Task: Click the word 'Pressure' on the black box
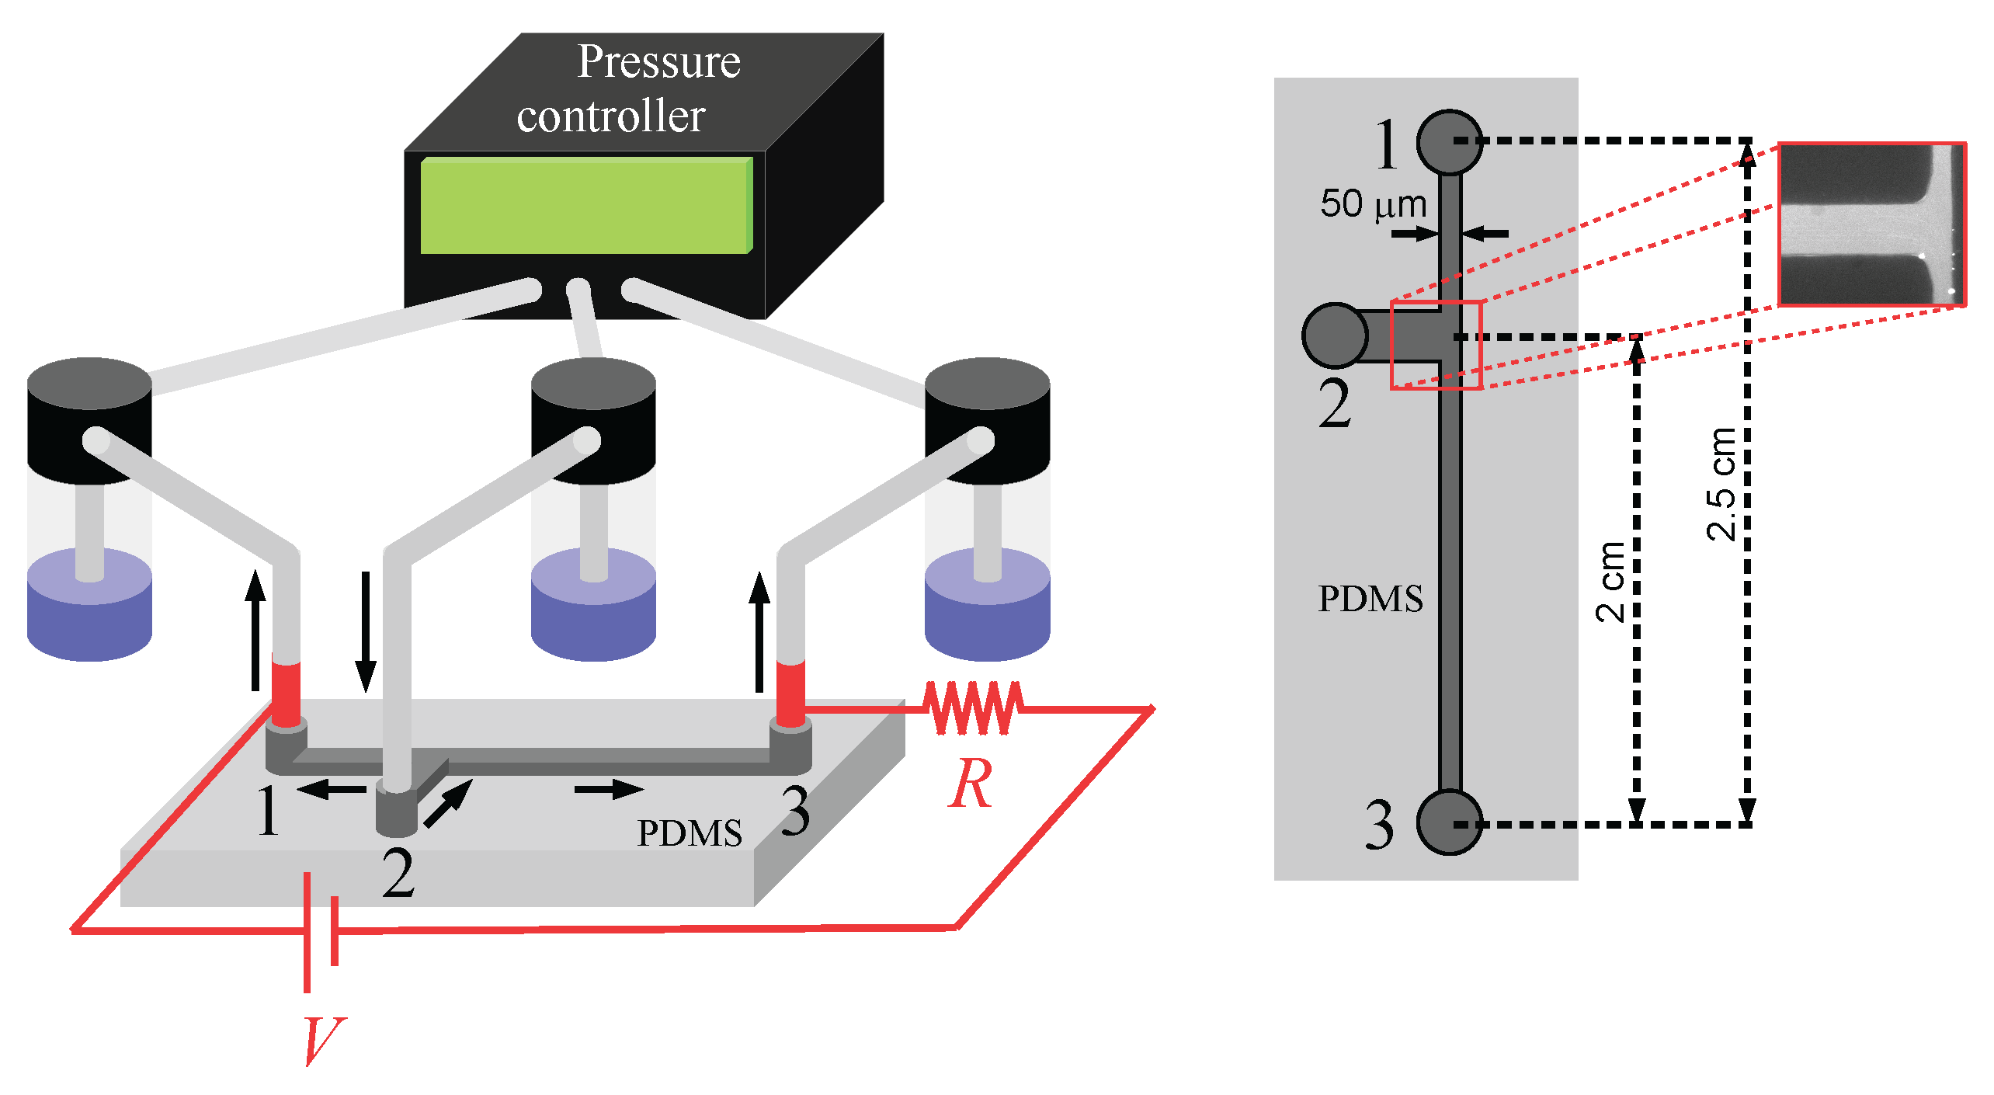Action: pyautogui.click(x=658, y=62)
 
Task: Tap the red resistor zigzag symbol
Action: pyautogui.click(x=973, y=707)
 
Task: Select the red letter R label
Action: pyautogui.click(x=970, y=784)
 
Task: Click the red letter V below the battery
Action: pyautogui.click(x=322, y=1041)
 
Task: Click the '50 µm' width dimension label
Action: pyautogui.click(x=1373, y=204)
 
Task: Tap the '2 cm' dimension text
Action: pyautogui.click(x=1610, y=582)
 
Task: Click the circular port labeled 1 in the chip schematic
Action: pyautogui.click(x=1449, y=142)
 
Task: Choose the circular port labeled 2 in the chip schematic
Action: pyautogui.click(x=1335, y=335)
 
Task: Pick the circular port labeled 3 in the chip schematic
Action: pyautogui.click(x=1449, y=822)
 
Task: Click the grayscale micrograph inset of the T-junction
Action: pyautogui.click(x=1871, y=224)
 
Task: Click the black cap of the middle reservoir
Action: pyautogui.click(x=593, y=419)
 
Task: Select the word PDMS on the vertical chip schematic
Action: pyautogui.click(x=1370, y=599)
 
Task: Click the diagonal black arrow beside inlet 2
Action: pyautogui.click(x=449, y=803)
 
